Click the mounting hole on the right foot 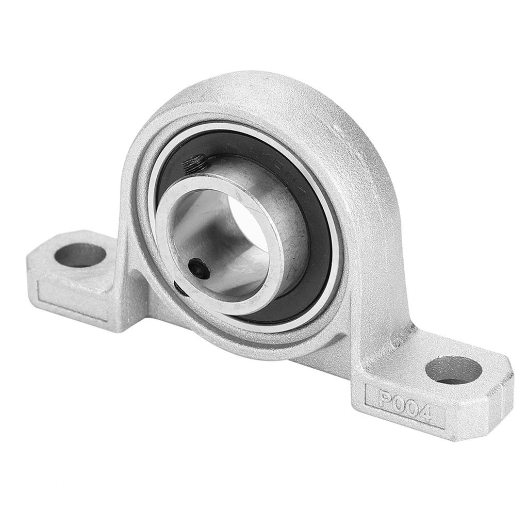point(454,370)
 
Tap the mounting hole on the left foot point(80,255)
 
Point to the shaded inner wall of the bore point(206,227)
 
